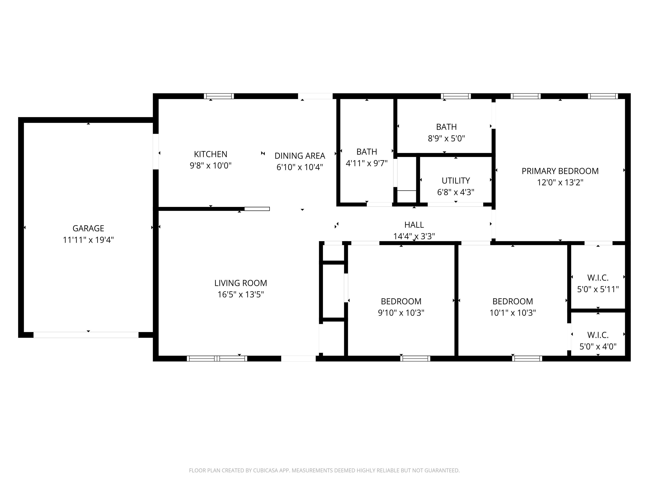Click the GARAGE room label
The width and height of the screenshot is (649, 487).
click(x=88, y=228)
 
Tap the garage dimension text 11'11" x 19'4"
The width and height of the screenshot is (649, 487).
click(x=88, y=240)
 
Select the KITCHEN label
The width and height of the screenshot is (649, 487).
click(x=211, y=154)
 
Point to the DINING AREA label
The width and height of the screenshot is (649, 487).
click(x=300, y=156)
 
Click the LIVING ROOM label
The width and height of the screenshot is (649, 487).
click(x=241, y=283)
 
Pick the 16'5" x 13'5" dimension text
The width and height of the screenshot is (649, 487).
click(x=241, y=294)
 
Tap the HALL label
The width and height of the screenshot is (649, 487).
click(x=414, y=225)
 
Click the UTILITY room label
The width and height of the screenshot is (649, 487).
click(x=456, y=181)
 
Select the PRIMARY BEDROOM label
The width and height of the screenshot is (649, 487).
click(x=560, y=171)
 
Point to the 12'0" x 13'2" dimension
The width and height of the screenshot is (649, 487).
click(x=560, y=183)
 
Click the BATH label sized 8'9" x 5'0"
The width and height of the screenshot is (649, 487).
click(x=446, y=127)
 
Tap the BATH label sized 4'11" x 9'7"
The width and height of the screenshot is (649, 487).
click(x=367, y=152)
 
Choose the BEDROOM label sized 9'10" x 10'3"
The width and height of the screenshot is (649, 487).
click(x=401, y=302)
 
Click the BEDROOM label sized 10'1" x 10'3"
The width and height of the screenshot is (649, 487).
click(x=512, y=302)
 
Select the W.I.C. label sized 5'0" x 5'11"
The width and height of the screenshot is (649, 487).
click(x=598, y=278)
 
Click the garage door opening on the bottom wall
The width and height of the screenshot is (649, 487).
click(x=86, y=335)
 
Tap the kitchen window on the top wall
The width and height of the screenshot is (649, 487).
click(x=219, y=96)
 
